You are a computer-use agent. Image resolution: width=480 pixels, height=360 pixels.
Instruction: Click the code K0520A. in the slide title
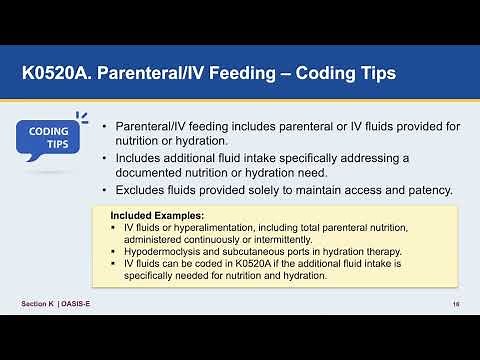[x=60, y=73]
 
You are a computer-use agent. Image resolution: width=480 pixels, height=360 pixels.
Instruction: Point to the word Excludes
[x=143, y=190]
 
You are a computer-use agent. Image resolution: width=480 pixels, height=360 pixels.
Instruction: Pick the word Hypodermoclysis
[x=164, y=251]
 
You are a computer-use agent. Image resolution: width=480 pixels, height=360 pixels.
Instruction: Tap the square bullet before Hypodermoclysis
[x=114, y=251]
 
